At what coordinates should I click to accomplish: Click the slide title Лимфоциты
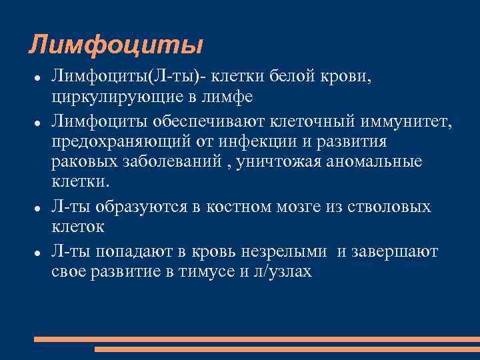115,45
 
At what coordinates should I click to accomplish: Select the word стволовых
386,207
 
